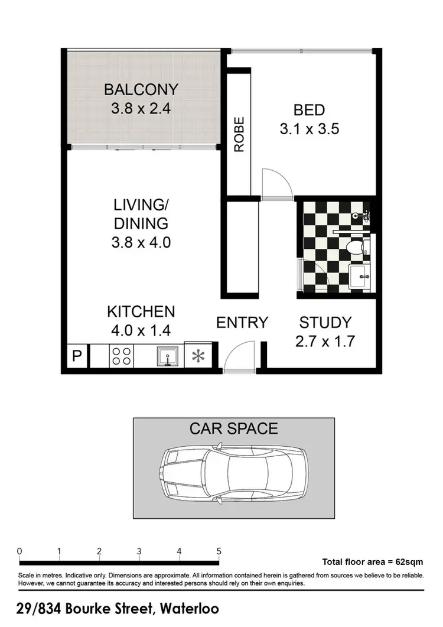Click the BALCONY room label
[141, 90]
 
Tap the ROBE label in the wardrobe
[239, 135]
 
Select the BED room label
[309, 110]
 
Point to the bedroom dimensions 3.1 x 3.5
[309, 129]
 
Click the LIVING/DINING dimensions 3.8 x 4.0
[141, 242]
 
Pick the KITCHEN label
[141, 311]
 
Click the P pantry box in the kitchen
[76, 356]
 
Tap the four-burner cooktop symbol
[122, 356]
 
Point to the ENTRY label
[242, 323]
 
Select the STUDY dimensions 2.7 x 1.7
[325, 342]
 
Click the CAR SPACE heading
[233, 428]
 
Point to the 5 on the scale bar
[219, 551]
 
